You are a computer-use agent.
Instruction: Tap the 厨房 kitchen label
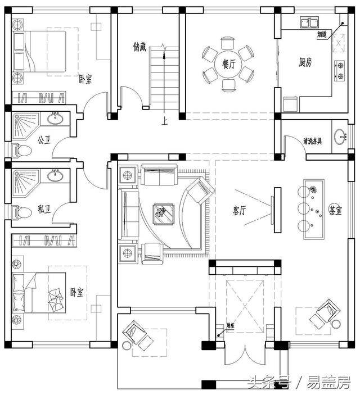coord(306,62)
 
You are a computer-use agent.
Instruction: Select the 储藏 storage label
coord(140,47)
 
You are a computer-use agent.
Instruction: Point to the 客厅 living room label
coord(239,210)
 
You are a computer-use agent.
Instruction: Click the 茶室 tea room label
coord(335,210)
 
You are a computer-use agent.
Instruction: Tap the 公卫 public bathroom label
coord(44,140)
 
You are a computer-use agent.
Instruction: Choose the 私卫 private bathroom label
coord(44,210)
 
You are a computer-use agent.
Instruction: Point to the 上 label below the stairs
coord(164,120)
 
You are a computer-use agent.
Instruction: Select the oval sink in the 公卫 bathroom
coord(55,119)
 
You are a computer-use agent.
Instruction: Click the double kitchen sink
coord(307,23)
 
